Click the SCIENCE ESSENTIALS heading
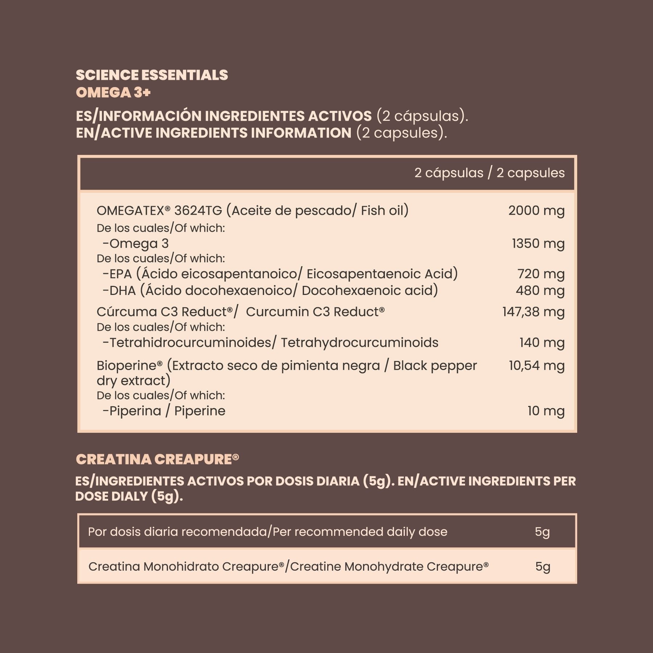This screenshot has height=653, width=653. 152,75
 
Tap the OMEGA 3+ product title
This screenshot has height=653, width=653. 113,93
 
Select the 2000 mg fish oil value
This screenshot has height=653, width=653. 536,210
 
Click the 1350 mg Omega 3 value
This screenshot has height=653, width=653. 538,243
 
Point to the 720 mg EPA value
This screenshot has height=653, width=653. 541,274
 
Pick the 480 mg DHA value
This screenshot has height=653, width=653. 540,291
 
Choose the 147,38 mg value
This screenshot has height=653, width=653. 533,312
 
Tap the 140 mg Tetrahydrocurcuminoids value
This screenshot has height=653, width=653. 542,342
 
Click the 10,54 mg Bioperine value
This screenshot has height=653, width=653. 537,366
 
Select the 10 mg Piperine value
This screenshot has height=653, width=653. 546,411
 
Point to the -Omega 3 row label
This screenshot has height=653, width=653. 136,243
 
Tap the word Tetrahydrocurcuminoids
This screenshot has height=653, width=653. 360,342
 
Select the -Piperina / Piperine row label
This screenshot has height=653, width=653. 164,411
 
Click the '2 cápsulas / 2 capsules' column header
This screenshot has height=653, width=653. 489,173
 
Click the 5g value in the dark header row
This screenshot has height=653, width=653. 542,532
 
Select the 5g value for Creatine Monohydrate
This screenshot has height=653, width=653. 543,567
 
